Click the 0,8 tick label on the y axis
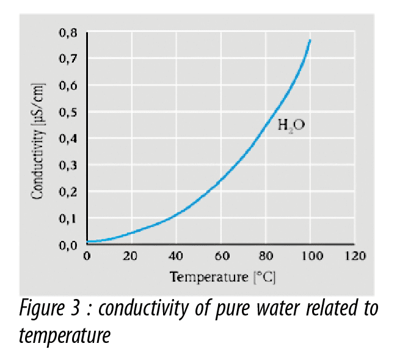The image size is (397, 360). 68,32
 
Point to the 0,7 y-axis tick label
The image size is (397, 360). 68,59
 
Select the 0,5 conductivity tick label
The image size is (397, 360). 68,112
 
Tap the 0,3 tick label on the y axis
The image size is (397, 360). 68,165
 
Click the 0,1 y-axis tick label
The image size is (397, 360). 68,218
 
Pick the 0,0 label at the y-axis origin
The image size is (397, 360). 68,245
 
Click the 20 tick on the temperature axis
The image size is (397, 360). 129,256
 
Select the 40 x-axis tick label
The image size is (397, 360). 175,256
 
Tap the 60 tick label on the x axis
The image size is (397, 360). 220,256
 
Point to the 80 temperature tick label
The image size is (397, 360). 266,256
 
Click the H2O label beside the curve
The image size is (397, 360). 291,126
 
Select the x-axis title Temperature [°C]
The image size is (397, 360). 222,278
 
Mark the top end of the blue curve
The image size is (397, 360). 310,40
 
